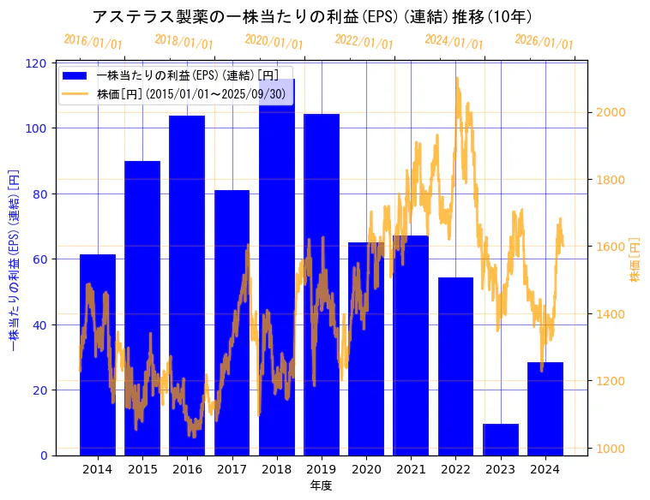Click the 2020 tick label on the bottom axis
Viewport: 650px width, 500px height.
366,469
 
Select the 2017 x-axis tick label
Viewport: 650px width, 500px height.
232,469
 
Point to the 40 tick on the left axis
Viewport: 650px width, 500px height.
40,324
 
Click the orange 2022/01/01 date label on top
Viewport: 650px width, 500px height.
364,42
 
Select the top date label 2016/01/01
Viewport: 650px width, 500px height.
93,42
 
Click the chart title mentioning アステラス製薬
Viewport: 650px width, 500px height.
312,16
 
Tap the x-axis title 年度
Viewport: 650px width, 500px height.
321,485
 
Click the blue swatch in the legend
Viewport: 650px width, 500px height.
75,75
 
